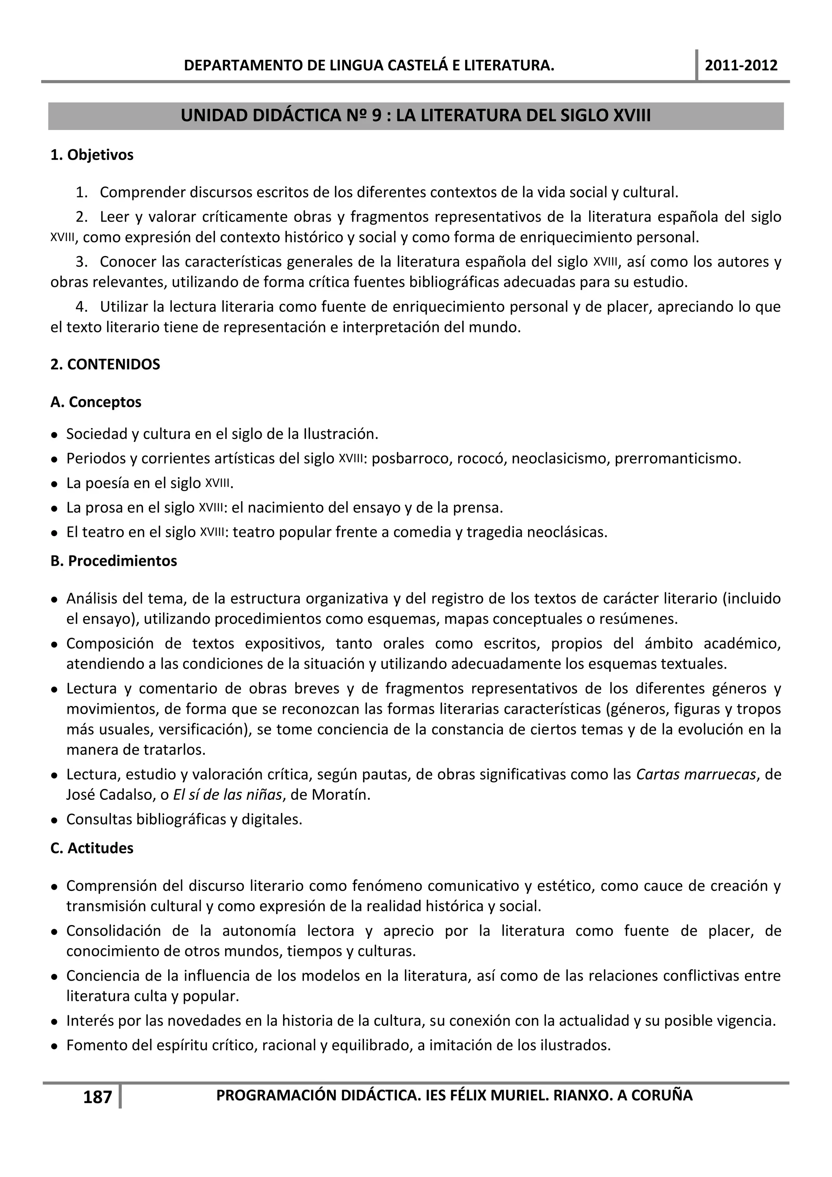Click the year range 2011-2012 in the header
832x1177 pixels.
741,65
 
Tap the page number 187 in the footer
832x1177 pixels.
97,1097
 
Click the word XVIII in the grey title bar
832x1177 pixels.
632,116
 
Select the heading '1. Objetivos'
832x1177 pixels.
92,155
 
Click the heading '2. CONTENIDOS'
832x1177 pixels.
105,365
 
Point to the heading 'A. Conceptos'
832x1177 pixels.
96,402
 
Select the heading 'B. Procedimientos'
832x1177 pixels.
114,561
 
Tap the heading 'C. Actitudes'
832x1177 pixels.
92,848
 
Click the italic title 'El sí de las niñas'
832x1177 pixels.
227,795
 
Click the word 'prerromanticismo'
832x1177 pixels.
677,458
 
